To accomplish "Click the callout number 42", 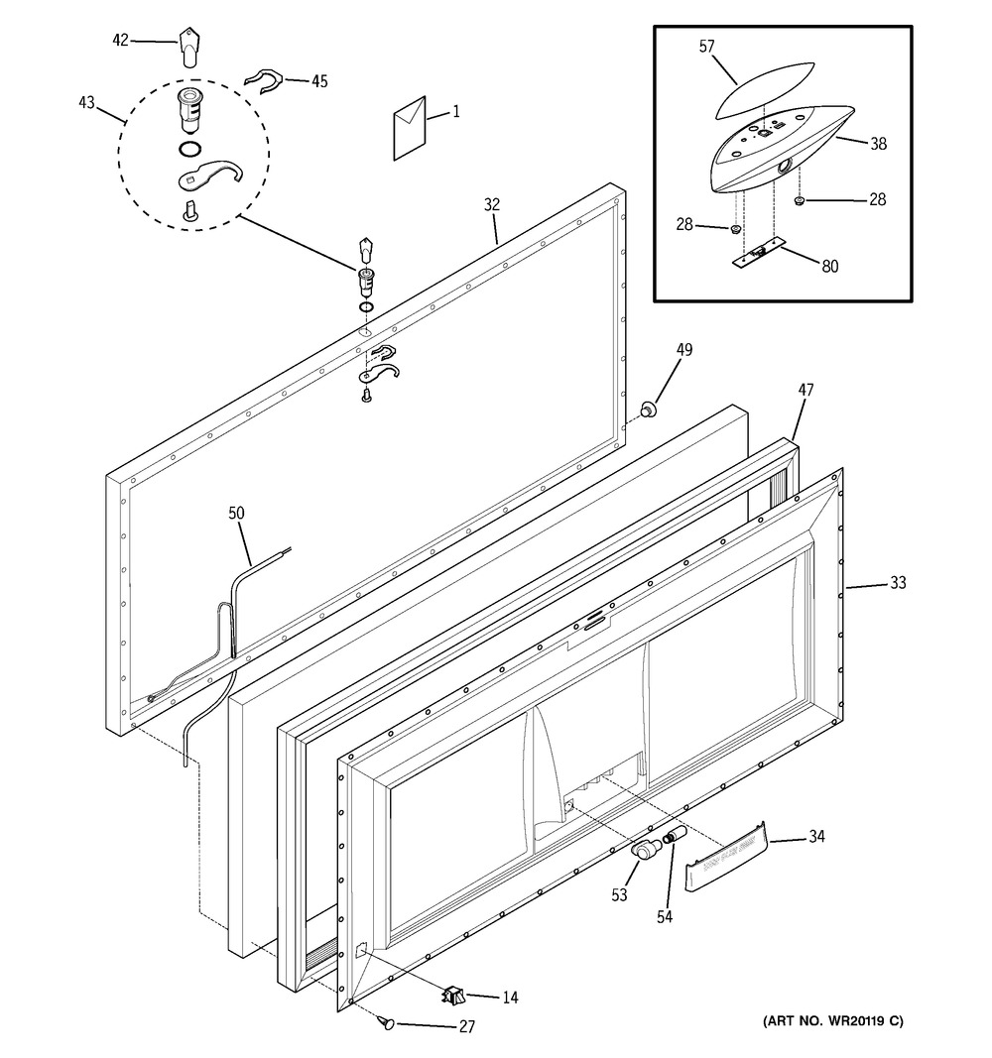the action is click(120, 41).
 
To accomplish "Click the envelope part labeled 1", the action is click(410, 128).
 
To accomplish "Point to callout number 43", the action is click(86, 102).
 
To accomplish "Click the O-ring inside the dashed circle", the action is click(190, 148).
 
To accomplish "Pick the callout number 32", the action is click(492, 204).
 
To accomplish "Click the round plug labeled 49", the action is click(649, 409).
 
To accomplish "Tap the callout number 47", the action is click(806, 390).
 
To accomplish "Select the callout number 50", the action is click(236, 513).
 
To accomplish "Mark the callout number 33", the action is click(898, 582).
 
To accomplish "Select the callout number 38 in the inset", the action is click(878, 143).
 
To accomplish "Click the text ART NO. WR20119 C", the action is click(832, 1021).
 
